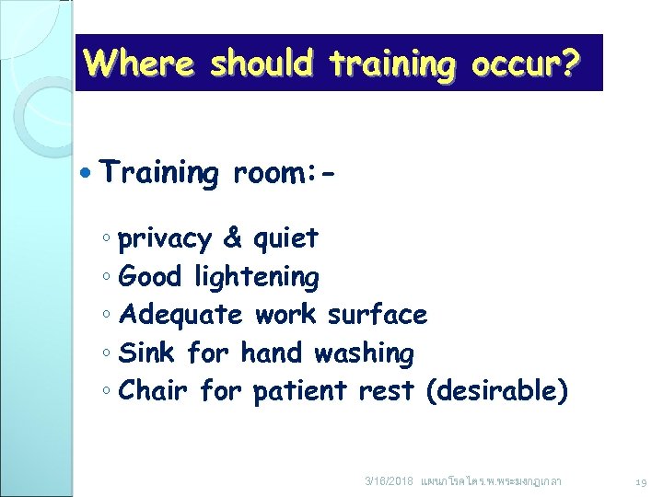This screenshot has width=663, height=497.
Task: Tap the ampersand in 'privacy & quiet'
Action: point(233,238)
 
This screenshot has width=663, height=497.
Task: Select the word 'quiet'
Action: point(285,238)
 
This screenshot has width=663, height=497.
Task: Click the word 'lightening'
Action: point(257,277)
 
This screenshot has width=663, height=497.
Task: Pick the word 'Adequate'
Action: point(181,315)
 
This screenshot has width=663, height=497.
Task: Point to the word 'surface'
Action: point(378,315)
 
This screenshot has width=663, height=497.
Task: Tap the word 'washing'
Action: point(364,353)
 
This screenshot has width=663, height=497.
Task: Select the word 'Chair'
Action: point(154,391)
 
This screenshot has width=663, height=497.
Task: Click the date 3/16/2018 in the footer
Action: point(389,481)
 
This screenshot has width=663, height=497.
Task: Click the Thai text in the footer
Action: point(490,481)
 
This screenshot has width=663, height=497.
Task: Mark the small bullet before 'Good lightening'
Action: point(107,277)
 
